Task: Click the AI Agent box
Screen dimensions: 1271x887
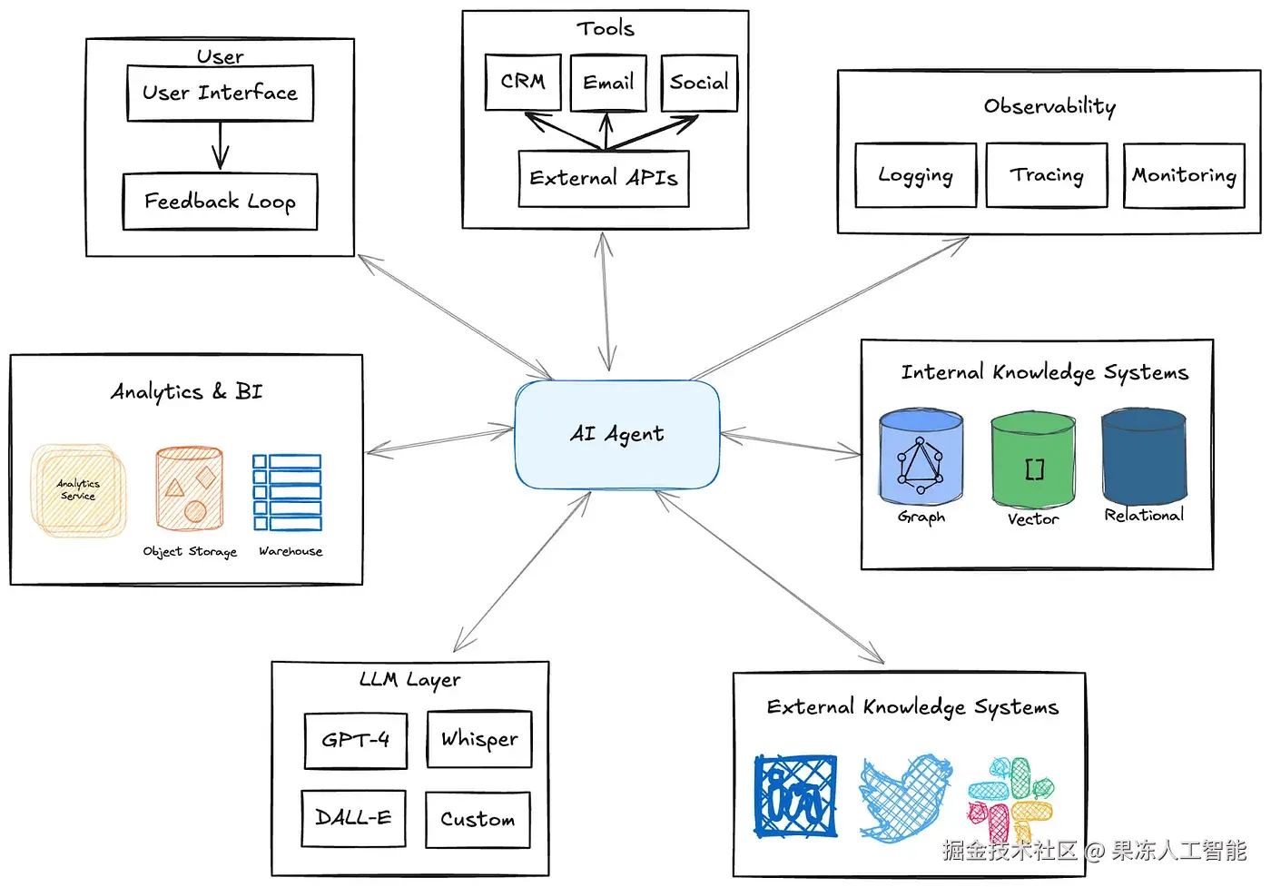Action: point(617,434)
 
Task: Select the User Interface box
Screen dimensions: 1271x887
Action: point(220,94)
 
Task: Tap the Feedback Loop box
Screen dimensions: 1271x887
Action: point(220,202)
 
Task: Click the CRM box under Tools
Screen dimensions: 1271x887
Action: point(523,83)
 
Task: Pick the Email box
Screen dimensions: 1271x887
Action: point(608,83)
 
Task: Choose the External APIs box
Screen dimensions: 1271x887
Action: point(604,179)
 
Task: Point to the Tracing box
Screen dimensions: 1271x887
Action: point(1047,175)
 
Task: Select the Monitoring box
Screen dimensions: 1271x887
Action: point(1184,175)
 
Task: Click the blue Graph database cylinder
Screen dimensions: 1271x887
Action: point(921,457)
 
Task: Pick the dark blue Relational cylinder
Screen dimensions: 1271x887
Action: point(1144,456)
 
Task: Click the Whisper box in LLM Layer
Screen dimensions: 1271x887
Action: point(479,739)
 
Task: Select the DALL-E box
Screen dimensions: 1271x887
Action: point(353,818)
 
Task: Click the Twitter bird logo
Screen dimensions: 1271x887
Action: point(906,797)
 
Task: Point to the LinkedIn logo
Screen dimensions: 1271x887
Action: point(795,795)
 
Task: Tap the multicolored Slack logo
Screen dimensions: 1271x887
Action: point(1010,799)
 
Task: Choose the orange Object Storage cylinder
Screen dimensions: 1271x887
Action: point(190,488)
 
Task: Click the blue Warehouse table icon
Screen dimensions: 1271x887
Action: point(287,492)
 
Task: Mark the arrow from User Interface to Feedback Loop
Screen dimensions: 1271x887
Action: point(220,146)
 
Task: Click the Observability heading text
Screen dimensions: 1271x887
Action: point(1049,106)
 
